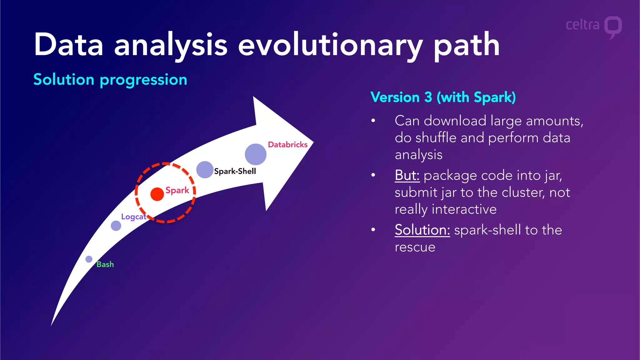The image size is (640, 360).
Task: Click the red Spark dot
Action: [157, 194]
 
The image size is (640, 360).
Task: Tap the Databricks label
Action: [287, 145]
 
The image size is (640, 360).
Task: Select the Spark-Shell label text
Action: [235, 171]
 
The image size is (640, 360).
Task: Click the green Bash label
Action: [105, 264]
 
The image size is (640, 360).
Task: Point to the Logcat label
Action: [133, 217]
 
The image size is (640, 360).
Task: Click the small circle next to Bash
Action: [89, 259]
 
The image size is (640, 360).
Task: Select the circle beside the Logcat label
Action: [116, 226]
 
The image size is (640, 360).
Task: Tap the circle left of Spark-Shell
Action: [205, 170]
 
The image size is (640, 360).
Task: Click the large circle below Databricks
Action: [256, 154]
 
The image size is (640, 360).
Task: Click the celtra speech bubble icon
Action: [613, 27]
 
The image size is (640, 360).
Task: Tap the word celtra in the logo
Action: [582, 25]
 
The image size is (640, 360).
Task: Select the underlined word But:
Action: [407, 175]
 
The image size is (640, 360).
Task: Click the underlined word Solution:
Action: [422, 230]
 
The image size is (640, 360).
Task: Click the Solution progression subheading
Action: [110, 80]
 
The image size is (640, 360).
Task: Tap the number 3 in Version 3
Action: [428, 97]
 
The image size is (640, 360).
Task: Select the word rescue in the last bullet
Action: [415, 247]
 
